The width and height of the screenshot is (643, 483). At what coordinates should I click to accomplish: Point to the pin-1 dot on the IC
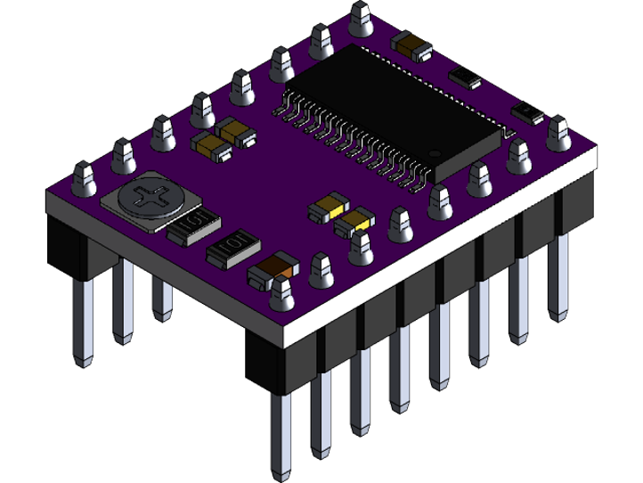coord(435,153)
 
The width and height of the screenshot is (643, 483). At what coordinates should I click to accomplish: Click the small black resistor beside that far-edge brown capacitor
coord(466,77)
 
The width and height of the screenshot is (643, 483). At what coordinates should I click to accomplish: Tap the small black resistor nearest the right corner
coord(527,112)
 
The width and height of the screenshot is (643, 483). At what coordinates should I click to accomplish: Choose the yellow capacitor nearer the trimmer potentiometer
coord(324,209)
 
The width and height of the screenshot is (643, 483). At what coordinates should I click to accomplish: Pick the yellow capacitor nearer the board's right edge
coord(355,221)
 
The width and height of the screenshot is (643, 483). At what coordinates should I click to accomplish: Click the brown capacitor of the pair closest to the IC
coord(237,133)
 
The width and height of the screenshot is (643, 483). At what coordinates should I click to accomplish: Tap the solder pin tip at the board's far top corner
coord(361,11)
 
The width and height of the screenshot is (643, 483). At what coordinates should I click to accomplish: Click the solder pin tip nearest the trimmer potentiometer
coord(85,171)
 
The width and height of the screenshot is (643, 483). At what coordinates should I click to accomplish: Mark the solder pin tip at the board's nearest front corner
coord(282,285)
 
